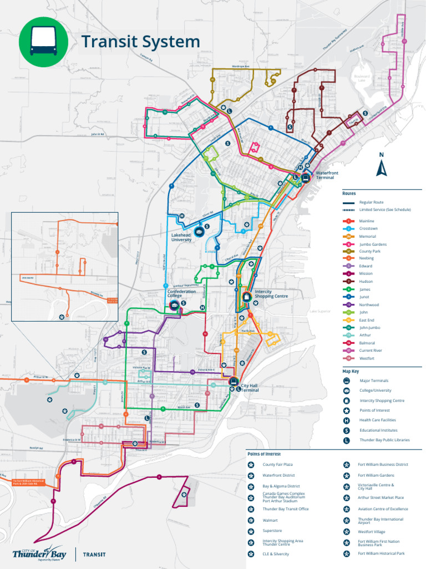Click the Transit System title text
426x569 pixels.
click(140, 42)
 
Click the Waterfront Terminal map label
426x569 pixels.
click(327, 175)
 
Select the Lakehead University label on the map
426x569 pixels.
click(181, 238)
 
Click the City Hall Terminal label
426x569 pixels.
click(250, 388)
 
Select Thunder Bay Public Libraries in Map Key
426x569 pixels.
click(384, 440)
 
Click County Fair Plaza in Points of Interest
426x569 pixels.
click(277, 464)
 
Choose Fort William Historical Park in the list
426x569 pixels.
click(381, 553)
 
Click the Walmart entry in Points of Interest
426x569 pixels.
click(270, 520)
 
